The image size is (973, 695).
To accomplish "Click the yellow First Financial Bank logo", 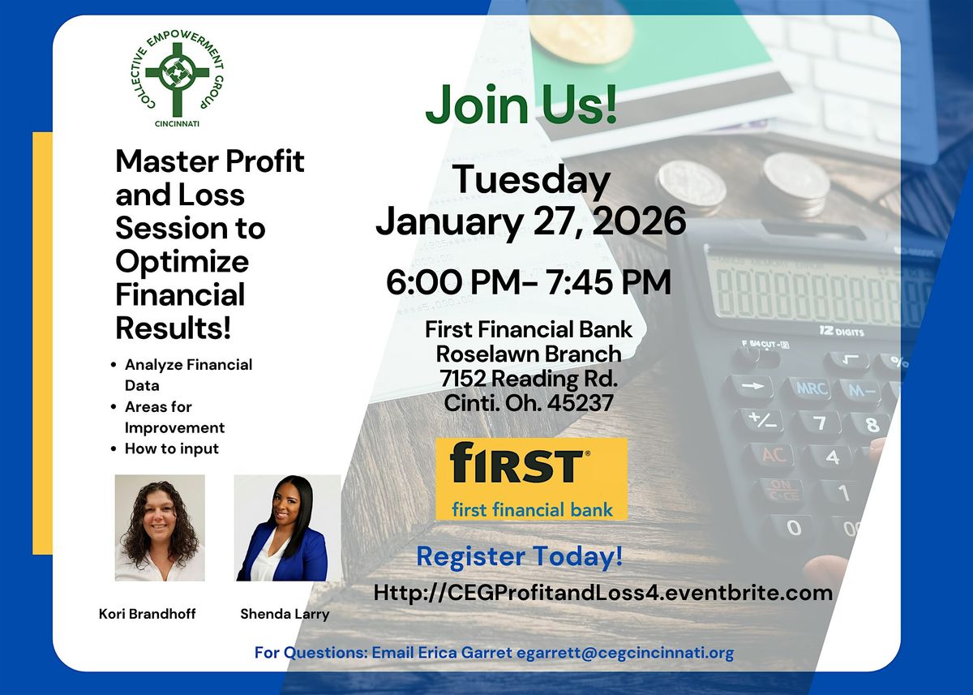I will point(531,478).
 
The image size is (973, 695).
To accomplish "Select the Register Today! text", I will point(520,556).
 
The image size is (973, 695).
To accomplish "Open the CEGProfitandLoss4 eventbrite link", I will point(602,593).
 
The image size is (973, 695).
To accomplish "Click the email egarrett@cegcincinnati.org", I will point(625,652).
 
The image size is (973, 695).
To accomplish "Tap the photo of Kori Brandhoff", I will point(160,527).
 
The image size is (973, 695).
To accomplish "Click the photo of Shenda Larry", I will point(285,528).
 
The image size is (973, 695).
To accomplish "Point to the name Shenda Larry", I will point(285,614).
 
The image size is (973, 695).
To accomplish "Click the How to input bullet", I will point(172,448).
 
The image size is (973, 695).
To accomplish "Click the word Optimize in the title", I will point(182,261).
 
